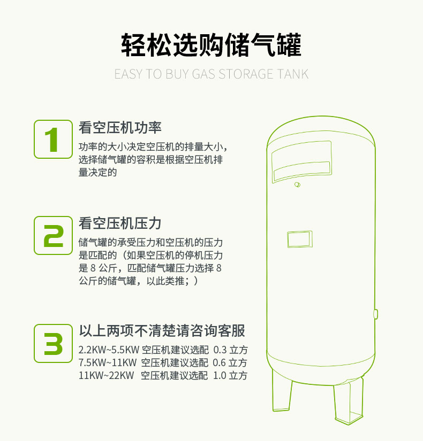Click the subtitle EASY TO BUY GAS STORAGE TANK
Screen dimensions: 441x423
211,74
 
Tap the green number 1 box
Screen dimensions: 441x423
52,139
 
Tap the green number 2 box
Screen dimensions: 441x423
52,235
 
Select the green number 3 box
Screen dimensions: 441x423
52,343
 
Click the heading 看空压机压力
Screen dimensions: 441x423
120,223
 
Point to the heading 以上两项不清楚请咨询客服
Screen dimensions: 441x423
162,331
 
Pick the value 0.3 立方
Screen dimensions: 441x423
230,350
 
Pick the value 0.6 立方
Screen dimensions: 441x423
230,363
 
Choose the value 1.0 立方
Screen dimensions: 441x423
230,375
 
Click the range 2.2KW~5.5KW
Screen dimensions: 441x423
109,350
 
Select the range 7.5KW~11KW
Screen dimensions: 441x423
108,363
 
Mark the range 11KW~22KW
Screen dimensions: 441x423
106,375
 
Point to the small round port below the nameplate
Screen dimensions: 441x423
297,185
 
